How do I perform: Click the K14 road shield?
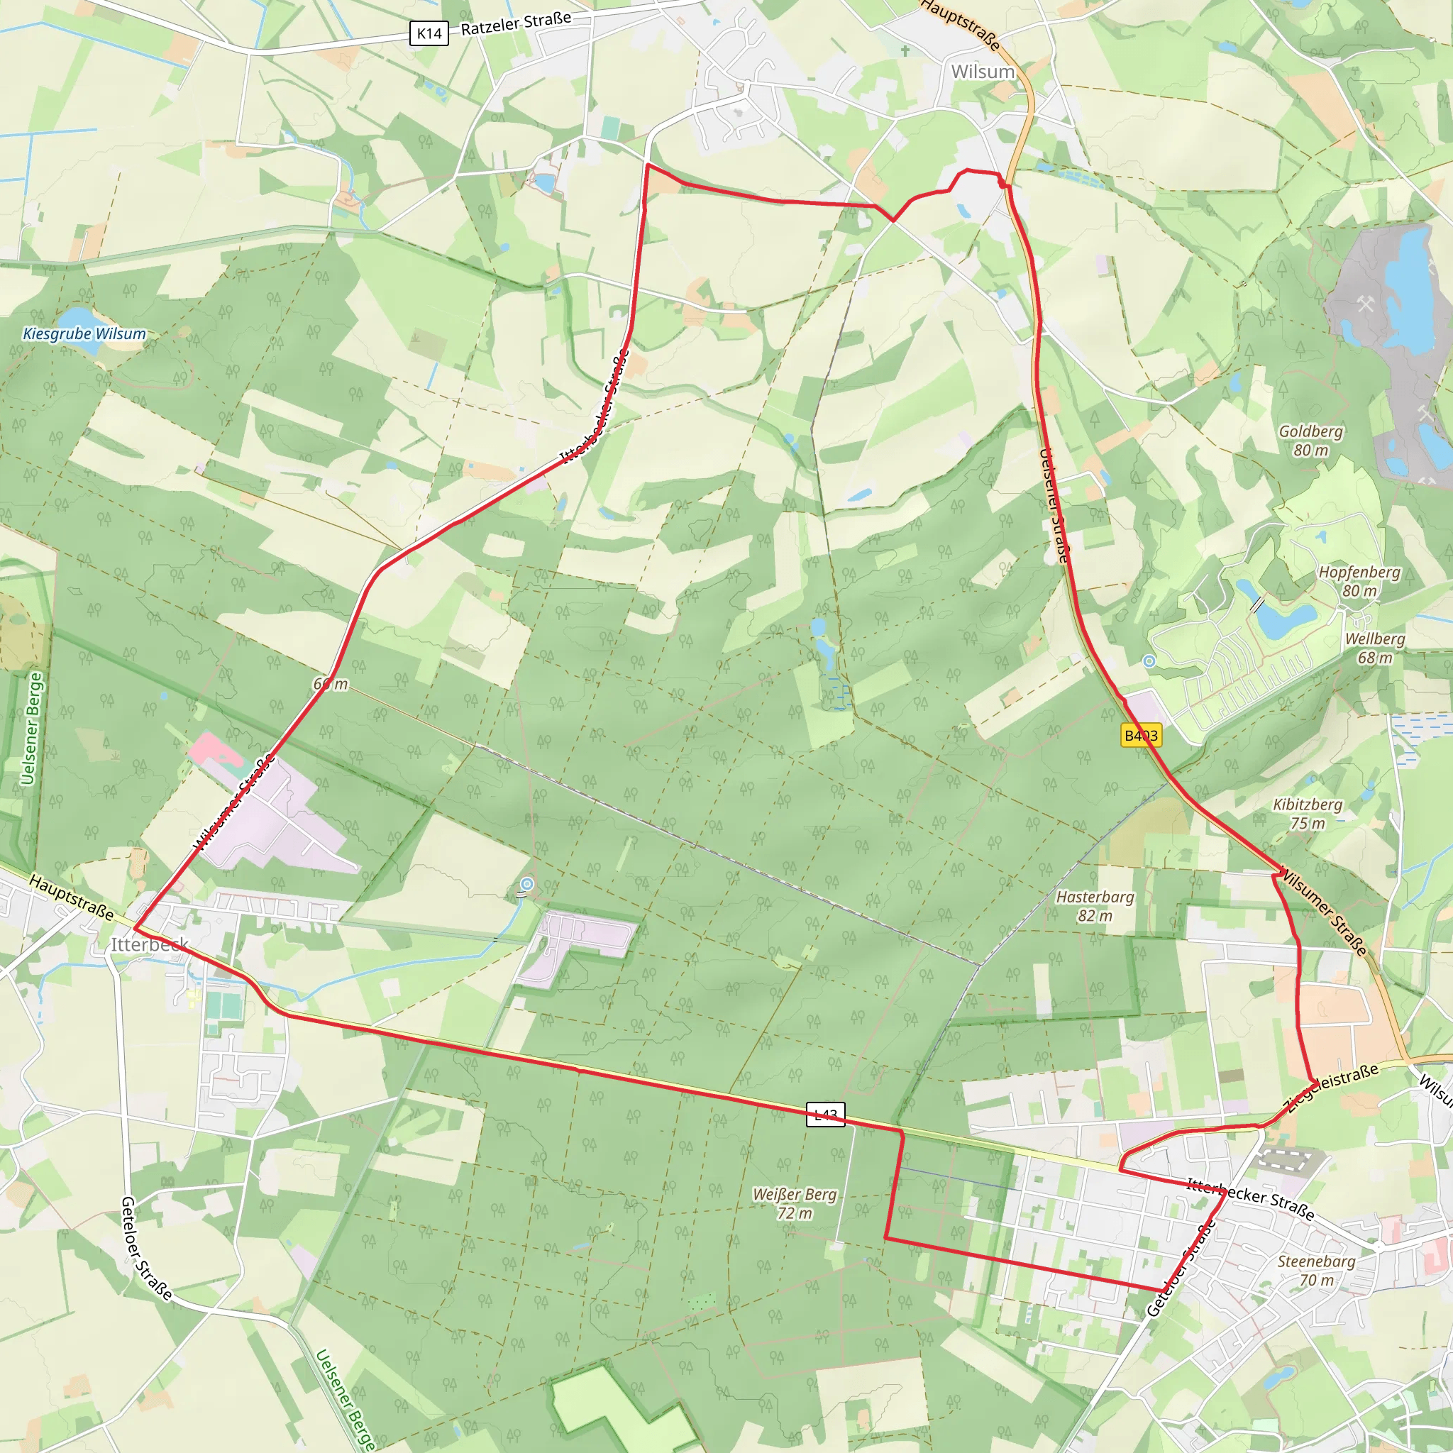tap(429, 33)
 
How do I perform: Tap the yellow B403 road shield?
tap(1141, 735)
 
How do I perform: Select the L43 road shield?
tap(825, 1114)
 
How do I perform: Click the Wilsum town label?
tap(982, 72)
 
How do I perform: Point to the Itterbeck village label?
tap(150, 944)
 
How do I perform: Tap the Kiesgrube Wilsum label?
tap(84, 333)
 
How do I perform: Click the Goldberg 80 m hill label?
tap(1311, 441)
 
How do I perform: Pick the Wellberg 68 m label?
tap(1375, 648)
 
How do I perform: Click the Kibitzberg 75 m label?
tap(1308, 814)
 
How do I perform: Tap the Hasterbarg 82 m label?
tap(1095, 906)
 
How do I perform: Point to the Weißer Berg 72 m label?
tap(795, 1203)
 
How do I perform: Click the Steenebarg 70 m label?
tap(1316, 1270)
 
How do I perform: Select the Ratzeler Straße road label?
tap(516, 23)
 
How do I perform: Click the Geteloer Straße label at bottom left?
tap(146, 1249)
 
